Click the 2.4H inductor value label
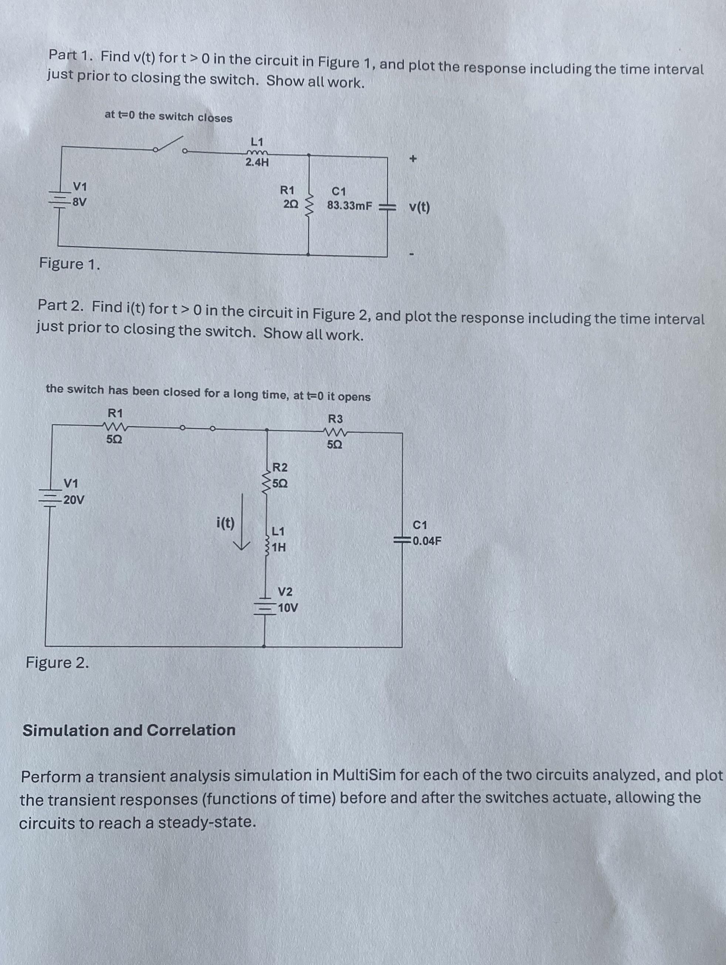[x=257, y=163]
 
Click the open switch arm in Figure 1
[x=169, y=143]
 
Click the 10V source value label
[x=288, y=608]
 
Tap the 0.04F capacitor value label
[x=427, y=541]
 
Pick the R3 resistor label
[x=335, y=419]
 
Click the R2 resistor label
[x=280, y=468]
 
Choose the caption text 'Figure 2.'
[x=58, y=663]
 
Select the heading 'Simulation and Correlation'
[x=129, y=730]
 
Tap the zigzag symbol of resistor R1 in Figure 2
[x=115, y=425]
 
